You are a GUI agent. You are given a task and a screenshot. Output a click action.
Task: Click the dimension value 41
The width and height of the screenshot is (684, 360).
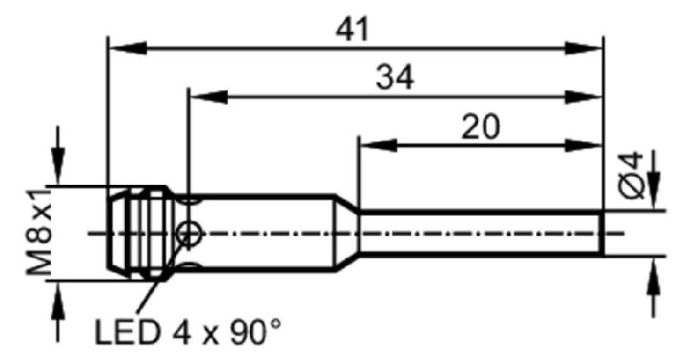tap(352, 30)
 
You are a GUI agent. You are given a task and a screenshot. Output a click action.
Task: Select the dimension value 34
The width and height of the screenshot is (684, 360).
tap(395, 78)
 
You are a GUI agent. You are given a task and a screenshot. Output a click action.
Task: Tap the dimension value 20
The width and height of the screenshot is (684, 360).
tap(481, 127)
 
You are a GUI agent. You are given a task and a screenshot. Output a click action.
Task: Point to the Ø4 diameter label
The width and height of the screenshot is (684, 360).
tap(633, 175)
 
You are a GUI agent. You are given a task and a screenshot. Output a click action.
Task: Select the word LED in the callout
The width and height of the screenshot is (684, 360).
tap(127, 332)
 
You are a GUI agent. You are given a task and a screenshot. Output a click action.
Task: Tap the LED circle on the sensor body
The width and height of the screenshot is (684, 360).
tap(189, 233)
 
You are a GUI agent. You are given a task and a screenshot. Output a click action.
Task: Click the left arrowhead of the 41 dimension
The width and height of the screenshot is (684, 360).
tap(128, 48)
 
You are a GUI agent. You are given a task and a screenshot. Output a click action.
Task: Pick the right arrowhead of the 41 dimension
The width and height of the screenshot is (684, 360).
tap(584, 48)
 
